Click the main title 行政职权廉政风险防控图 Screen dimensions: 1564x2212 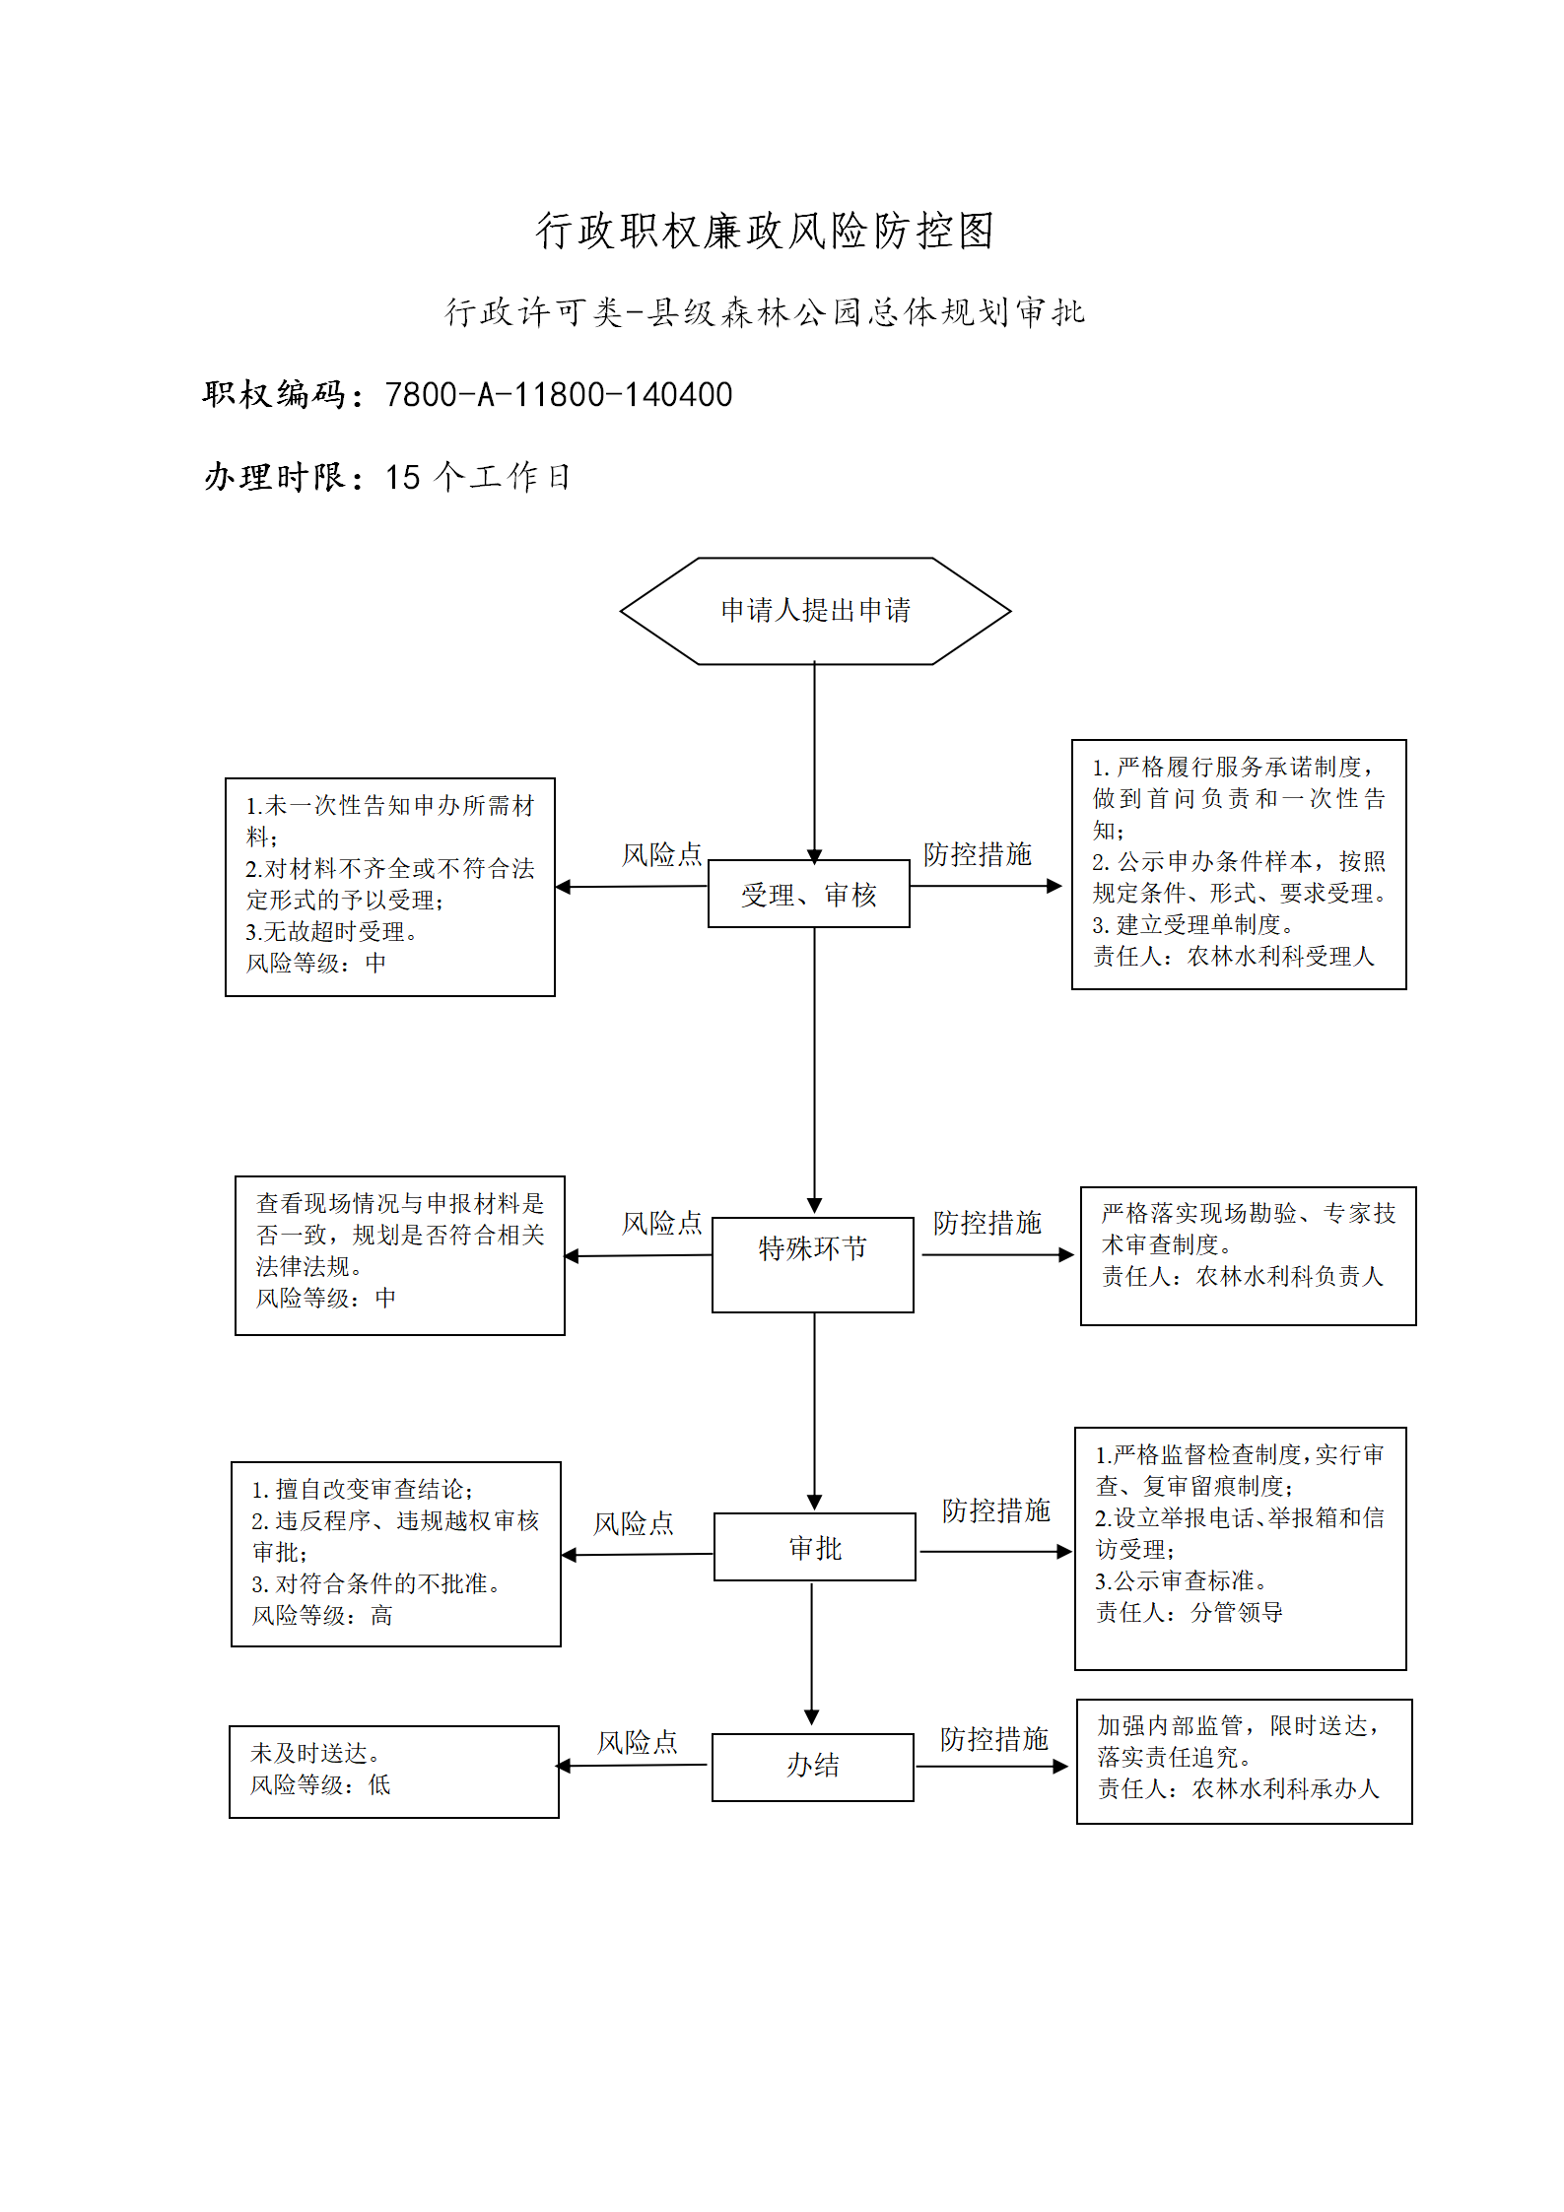coord(765,231)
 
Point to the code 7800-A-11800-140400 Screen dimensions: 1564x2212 coord(559,395)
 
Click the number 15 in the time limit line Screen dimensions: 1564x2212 coord(403,478)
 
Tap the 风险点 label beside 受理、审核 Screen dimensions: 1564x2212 coord(661,854)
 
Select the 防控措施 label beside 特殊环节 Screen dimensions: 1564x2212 coord(986,1223)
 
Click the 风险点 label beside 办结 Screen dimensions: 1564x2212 coord(638,1742)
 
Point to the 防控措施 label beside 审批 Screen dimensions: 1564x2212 coord(995,1510)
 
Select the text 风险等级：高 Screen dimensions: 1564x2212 coord(322,1615)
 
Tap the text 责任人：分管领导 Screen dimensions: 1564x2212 coord(1190,1612)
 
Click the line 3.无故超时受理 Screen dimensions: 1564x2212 coord(332,931)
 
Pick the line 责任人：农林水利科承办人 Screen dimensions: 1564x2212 coord(1239,1788)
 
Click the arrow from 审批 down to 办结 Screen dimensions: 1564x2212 coord(812,1653)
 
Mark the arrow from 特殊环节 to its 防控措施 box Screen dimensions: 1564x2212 coord(997,1255)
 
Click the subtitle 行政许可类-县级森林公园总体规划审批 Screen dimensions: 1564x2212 coord(765,312)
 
